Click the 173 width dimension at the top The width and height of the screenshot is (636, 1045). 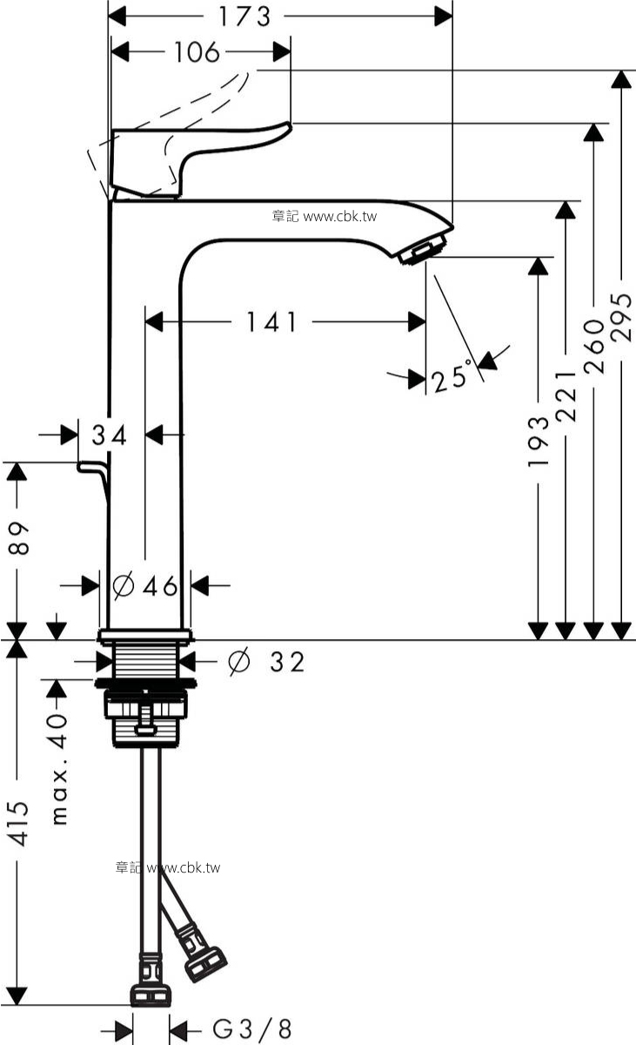coord(244,17)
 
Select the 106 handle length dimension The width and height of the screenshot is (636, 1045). coord(197,51)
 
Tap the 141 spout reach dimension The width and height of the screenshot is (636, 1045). coord(271,322)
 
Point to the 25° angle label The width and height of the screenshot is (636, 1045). coord(451,374)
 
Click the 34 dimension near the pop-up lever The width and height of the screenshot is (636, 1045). coord(110,435)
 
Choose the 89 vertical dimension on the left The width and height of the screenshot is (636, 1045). coord(19,538)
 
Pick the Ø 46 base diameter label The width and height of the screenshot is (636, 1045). coord(145,585)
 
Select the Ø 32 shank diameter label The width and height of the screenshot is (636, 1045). coord(266,662)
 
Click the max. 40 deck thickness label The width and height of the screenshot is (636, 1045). coord(59,769)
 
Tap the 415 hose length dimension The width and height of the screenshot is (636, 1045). coord(19,825)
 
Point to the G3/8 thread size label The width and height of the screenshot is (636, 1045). coord(252,1028)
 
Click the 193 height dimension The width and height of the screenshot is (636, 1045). coord(539,442)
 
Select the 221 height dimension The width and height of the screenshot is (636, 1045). coord(566,396)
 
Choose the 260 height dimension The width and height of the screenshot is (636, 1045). coord(593,347)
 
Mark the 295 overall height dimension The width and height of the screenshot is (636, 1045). coord(621,317)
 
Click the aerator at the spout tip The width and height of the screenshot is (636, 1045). coord(423,249)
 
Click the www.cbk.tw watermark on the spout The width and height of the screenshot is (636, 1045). coord(325,217)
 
